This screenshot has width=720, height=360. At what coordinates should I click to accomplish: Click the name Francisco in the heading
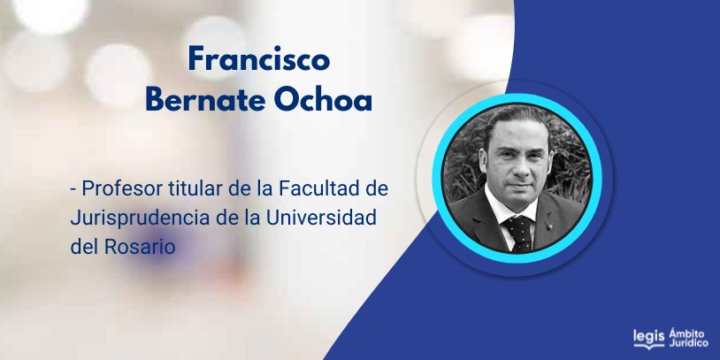[259, 59]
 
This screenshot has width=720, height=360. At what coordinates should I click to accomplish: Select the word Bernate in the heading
[205, 101]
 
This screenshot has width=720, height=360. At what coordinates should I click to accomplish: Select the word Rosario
[140, 247]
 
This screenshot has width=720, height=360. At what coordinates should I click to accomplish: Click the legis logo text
[648, 338]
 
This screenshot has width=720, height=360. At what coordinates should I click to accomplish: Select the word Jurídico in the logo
[688, 343]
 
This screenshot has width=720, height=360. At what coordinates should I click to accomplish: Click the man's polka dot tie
[519, 234]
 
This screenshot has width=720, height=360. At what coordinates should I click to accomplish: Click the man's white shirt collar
[509, 209]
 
